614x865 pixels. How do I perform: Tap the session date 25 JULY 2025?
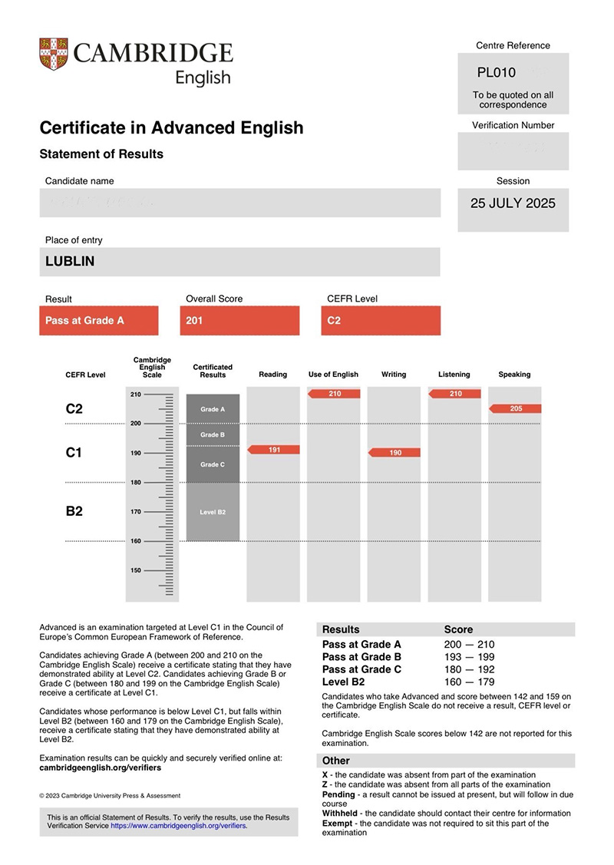click(513, 203)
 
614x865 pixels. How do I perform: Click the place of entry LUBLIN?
click(70, 262)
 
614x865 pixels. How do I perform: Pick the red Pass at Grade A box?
click(98, 321)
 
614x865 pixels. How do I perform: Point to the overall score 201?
click(195, 321)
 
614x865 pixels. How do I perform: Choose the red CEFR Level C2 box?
click(381, 321)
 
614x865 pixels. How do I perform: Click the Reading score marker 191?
click(274, 450)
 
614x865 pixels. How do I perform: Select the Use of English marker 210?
click(334, 394)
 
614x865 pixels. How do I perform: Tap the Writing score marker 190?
click(394, 453)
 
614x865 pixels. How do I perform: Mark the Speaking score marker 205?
click(515, 408)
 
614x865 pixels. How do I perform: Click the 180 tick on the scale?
click(135, 482)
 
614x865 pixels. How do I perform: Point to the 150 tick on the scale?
click(135, 570)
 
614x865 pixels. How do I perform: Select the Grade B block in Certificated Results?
click(213, 434)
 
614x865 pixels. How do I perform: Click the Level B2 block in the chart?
click(213, 512)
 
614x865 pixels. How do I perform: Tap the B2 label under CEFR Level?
click(74, 510)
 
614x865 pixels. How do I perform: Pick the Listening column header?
click(454, 375)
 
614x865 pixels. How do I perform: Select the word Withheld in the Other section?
click(338, 813)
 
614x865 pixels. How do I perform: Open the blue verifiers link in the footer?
click(179, 827)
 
